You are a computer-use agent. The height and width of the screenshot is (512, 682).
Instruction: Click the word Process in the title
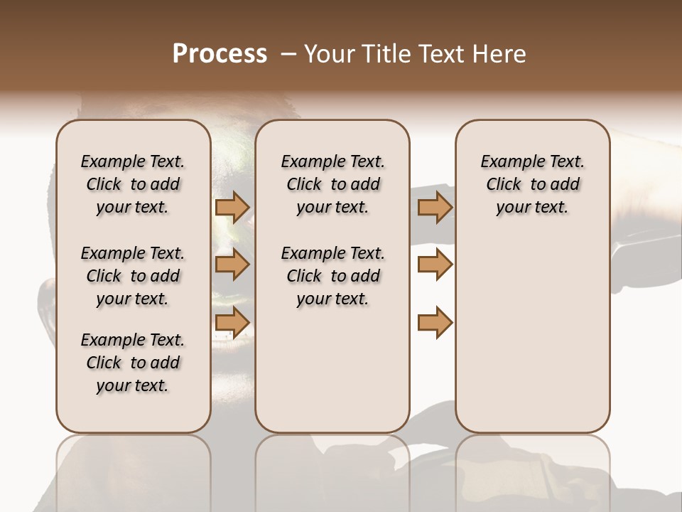(220, 54)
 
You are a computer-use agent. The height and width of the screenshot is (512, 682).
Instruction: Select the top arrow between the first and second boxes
(232, 207)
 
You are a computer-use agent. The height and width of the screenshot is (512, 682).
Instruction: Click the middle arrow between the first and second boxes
(232, 265)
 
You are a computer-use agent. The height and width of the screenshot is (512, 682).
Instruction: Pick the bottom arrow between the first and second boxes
(232, 322)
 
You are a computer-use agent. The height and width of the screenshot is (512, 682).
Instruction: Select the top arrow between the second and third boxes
(435, 207)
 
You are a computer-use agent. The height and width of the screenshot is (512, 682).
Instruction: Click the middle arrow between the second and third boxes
(435, 265)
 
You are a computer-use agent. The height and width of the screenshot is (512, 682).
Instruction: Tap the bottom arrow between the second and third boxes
(435, 322)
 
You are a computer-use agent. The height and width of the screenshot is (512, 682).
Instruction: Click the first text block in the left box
(133, 184)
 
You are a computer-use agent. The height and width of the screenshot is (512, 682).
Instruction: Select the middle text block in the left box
(133, 276)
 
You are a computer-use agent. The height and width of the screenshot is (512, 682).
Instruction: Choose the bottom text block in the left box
(133, 363)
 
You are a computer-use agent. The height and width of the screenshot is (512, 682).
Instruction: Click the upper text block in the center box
(332, 184)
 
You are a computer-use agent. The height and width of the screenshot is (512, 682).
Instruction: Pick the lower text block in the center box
(332, 276)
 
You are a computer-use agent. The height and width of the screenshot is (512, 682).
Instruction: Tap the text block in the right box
(532, 184)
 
